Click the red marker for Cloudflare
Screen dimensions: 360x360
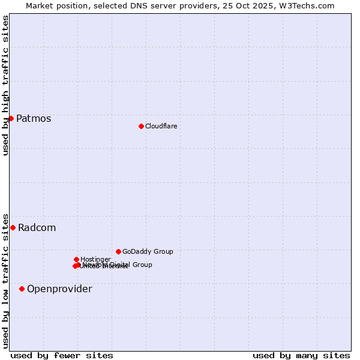[141, 126]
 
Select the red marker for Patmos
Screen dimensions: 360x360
[11, 118]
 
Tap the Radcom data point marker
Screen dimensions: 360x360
[13, 227]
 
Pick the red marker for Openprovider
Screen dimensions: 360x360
[22, 289]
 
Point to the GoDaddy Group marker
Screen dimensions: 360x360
[118, 251]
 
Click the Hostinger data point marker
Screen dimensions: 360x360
[76, 259]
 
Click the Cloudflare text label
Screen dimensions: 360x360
[161, 126]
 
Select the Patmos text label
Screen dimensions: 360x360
[34, 118]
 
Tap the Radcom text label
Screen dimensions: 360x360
[37, 227]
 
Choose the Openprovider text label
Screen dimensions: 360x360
[59, 289]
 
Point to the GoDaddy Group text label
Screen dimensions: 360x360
[148, 251]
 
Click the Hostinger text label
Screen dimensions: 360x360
[95, 259]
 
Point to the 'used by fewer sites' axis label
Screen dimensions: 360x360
[62, 355]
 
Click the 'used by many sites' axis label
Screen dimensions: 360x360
[301, 355]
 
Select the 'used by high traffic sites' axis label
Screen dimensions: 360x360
[5, 85]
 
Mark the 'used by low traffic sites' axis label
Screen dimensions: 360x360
[5, 280]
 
